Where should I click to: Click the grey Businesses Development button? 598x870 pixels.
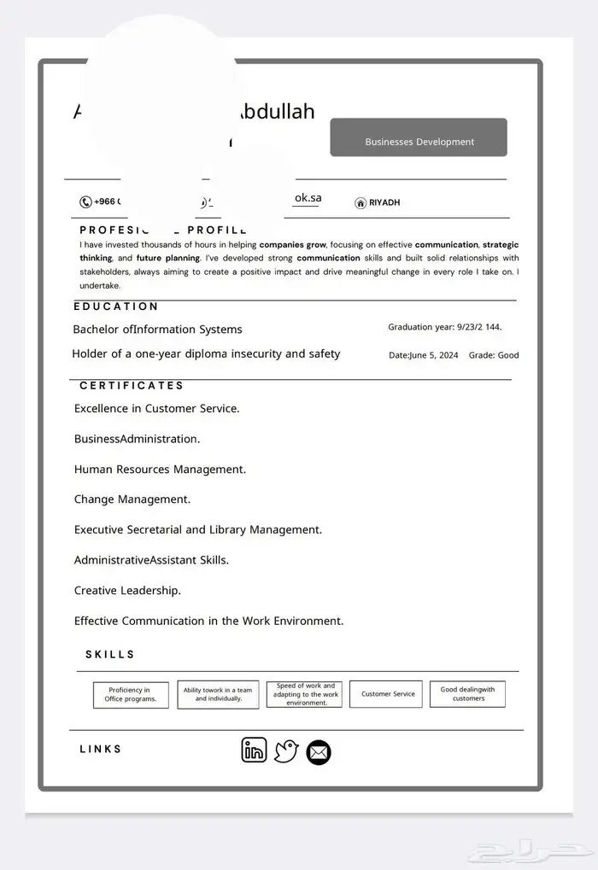click(x=419, y=138)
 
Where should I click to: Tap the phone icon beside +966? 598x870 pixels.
click(x=85, y=202)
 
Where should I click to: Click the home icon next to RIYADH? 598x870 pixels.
click(x=361, y=203)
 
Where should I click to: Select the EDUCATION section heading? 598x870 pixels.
click(x=116, y=307)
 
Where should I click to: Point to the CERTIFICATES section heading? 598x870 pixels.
click(x=132, y=386)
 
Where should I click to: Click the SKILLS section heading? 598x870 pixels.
click(x=110, y=655)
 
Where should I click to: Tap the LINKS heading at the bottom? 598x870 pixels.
click(x=101, y=750)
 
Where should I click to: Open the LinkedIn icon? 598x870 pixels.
click(x=254, y=750)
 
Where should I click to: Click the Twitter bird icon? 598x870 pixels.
click(x=286, y=751)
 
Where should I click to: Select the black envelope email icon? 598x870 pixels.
click(x=319, y=753)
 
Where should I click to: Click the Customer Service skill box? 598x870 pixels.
click(x=388, y=694)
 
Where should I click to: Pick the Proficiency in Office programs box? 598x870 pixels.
click(x=130, y=695)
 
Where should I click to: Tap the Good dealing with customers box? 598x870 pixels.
click(x=467, y=694)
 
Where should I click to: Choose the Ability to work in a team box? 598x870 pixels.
click(x=218, y=694)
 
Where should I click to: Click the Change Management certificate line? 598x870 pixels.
click(x=132, y=499)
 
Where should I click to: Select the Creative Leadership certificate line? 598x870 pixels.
click(x=127, y=591)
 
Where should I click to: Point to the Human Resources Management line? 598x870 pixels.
click(x=160, y=470)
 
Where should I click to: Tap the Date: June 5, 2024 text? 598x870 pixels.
click(x=423, y=355)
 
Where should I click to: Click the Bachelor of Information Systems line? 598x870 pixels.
click(x=157, y=330)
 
